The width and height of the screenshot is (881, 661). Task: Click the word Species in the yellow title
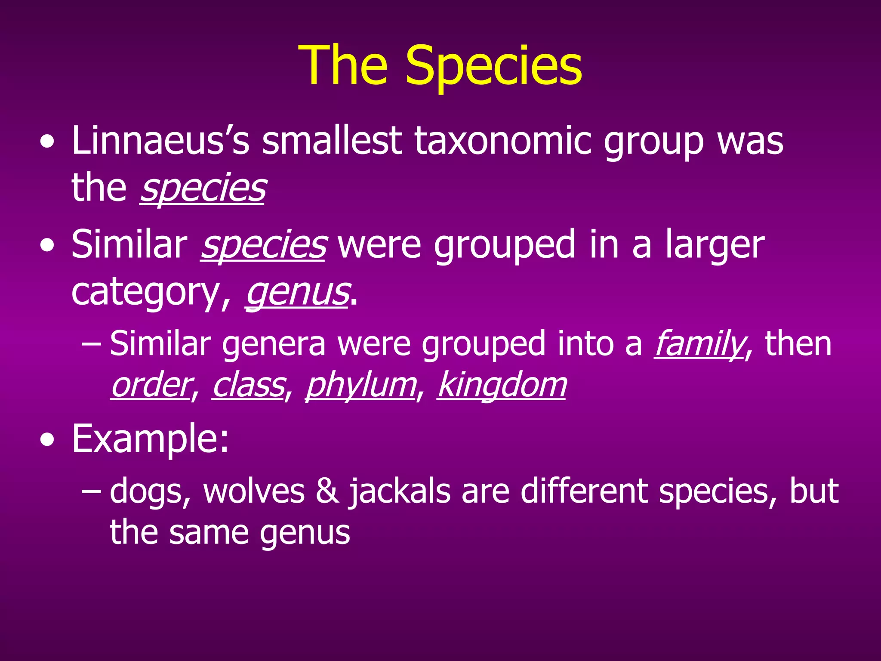click(x=493, y=65)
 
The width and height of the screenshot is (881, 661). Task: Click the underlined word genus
click(x=297, y=293)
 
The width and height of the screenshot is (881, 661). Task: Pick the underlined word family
click(x=699, y=343)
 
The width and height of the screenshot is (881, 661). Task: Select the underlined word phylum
click(x=361, y=385)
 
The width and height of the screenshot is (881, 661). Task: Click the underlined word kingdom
click(x=502, y=385)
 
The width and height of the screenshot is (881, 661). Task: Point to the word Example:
click(x=150, y=439)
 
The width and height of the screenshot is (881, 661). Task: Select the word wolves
click(x=254, y=491)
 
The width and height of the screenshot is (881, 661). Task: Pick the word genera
click(x=274, y=343)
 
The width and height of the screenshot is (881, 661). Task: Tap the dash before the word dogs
click(x=91, y=491)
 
